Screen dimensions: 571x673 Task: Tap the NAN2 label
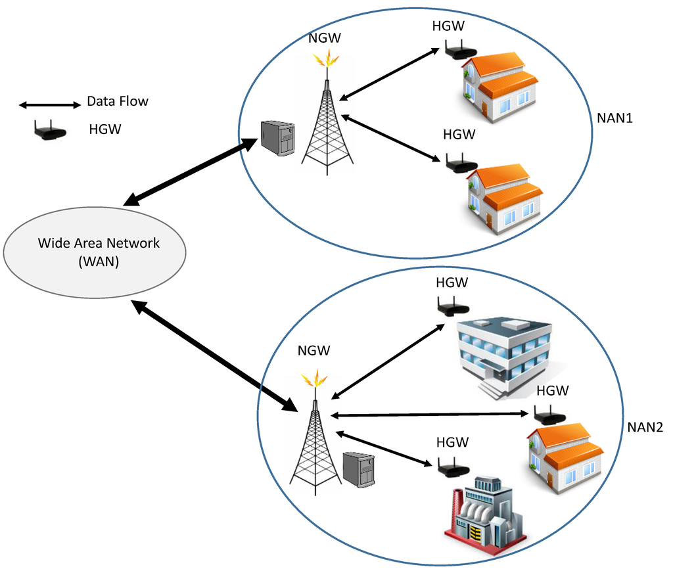645,428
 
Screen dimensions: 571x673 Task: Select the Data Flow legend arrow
49,104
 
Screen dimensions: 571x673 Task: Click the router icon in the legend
50,131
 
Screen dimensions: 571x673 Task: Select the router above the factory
453,467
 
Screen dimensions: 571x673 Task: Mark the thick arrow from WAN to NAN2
214,355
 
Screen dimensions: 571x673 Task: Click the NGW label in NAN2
313,351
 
